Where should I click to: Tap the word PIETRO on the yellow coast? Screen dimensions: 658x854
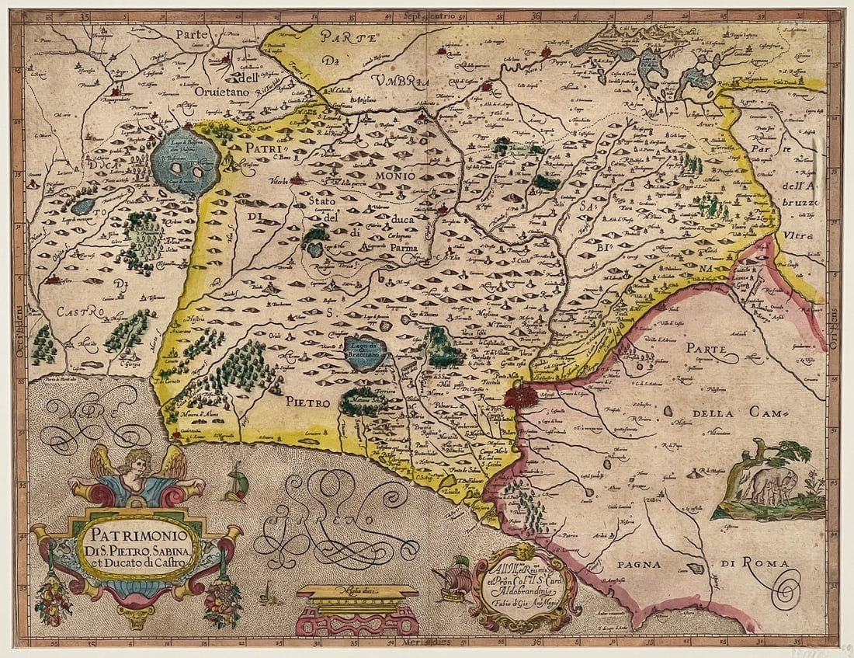[x=306, y=402]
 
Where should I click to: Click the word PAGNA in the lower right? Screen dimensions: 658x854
[x=622, y=566]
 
